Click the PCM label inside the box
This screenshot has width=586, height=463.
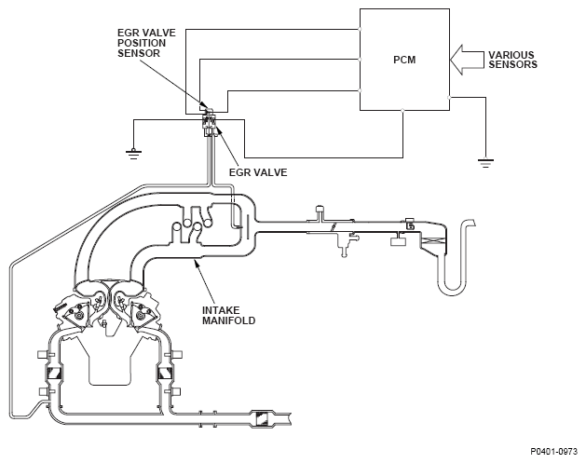404,60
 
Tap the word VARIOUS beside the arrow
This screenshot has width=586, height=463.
511,55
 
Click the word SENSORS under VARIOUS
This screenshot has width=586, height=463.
512,64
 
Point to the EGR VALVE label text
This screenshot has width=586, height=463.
258,172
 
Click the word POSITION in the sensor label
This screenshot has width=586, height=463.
142,43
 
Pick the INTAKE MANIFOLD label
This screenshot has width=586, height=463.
229,316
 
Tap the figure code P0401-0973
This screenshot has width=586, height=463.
554,452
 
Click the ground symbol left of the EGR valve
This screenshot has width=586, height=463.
134,153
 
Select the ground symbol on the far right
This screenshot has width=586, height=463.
485,162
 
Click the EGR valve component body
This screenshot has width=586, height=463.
210,124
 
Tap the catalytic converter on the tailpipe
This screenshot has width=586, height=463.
263,418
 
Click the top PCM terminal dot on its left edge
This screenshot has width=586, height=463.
360,29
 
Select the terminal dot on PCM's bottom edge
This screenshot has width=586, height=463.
402,110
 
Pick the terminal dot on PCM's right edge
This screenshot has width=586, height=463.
449,98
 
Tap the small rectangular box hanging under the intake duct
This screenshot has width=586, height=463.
399,241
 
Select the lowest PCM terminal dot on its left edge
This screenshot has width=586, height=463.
360,90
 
